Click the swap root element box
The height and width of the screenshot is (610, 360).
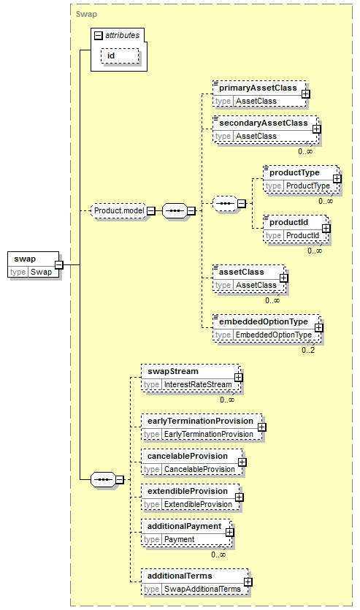pyautogui.click(x=34, y=264)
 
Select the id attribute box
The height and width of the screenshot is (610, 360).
pyautogui.click(x=120, y=56)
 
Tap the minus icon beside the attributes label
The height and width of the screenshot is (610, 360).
pyautogui.click(x=99, y=36)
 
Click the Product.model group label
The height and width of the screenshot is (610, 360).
pyautogui.click(x=119, y=211)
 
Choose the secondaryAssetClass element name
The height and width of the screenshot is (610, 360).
pyautogui.click(x=264, y=123)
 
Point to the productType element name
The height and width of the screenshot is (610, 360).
pyautogui.click(x=295, y=172)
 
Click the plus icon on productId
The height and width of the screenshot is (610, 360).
pyautogui.click(x=326, y=229)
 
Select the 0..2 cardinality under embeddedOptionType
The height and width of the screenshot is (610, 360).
pyautogui.click(x=308, y=350)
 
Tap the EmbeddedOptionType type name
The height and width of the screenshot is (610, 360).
pyautogui.click(x=274, y=335)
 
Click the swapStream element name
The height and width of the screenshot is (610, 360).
pyautogui.click(x=173, y=372)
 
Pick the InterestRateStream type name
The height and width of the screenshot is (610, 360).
pyautogui.click(x=198, y=385)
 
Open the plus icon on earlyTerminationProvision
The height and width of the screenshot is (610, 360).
pyautogui.click(x=262, y=427)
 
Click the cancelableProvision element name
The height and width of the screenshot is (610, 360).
pyautogui.click(x=188, y=456)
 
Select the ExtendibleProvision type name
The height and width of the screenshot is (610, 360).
pyautogui.click(x=198, y=505)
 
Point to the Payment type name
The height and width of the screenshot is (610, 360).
pyautogui.click(x=179, y=540)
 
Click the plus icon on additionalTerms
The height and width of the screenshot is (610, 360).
pyautogui.click(x=248, y=582)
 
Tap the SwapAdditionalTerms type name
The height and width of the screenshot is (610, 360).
pyautogui.click(x=202, y=590)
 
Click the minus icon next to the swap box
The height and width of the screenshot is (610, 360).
pyautogui.click(x=58, y=265)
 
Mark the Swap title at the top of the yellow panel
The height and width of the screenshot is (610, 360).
pyautogui.click(x=86, y=15)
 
